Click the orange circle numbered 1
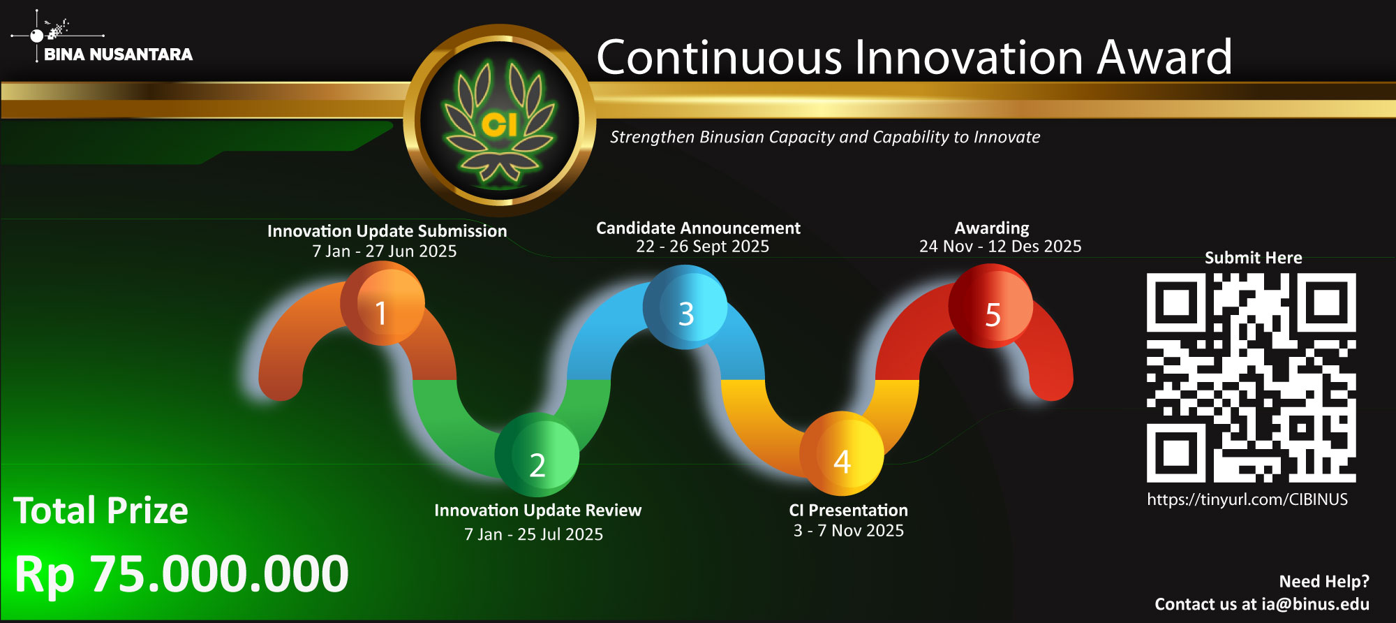click(x=383, y=304)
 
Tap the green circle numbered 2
click(x=537, y=455)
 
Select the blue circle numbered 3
click(x=685, y=307)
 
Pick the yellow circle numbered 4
click(x=842, y=454)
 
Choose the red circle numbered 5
click(x=990, y=306)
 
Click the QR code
click(x=1252, y=378)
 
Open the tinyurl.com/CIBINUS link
click(x=1247, y=500)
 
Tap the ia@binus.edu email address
click(x=1315, y=604)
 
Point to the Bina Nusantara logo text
click(x=118, y=54)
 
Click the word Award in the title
click(x=1164, y=57)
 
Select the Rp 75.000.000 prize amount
click(x=181, y=575)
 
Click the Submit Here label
click(x=1253, y=258)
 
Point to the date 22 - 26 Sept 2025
click(x=702, y=247)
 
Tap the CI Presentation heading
click(x=848, y=511)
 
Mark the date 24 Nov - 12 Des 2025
click(x=1000, y=247)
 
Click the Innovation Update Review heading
click(x=537, y=511)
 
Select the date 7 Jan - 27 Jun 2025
click(x=385, y=251)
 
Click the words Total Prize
click(x=101, y=511)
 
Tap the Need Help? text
click(x=1324, y=582)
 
